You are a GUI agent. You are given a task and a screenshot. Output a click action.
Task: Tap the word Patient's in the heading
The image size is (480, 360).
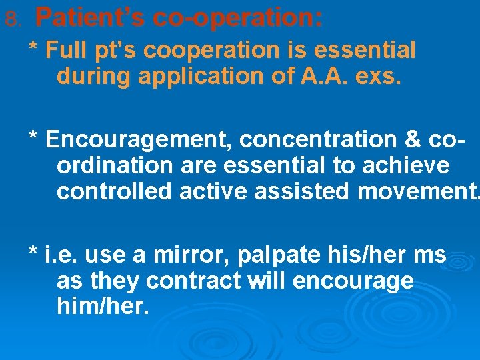[x=90, y=18]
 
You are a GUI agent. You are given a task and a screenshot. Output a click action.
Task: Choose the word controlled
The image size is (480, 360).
[x=114, y=191]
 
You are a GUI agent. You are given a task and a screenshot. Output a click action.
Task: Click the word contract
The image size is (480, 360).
[x=193, y=281]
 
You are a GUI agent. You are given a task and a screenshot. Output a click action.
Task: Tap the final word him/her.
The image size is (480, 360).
[x=103, y=307]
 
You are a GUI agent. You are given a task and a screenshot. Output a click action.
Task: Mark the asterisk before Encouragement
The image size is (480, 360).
[x=33, y=139]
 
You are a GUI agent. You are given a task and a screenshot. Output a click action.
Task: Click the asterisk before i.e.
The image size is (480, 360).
[x=33, y=253]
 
